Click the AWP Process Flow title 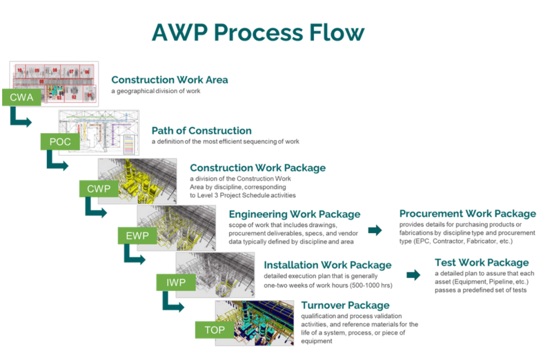258,33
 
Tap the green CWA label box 22,98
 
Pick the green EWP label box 137,236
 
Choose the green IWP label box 176,282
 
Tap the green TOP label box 214,329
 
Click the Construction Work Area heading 169,80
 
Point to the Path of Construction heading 202,130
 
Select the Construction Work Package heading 258,168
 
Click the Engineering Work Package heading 294,214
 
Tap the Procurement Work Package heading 467,214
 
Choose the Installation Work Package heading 327,265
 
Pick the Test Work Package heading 481,263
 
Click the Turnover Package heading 345,306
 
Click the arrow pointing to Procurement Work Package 375,230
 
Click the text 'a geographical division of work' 156,91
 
